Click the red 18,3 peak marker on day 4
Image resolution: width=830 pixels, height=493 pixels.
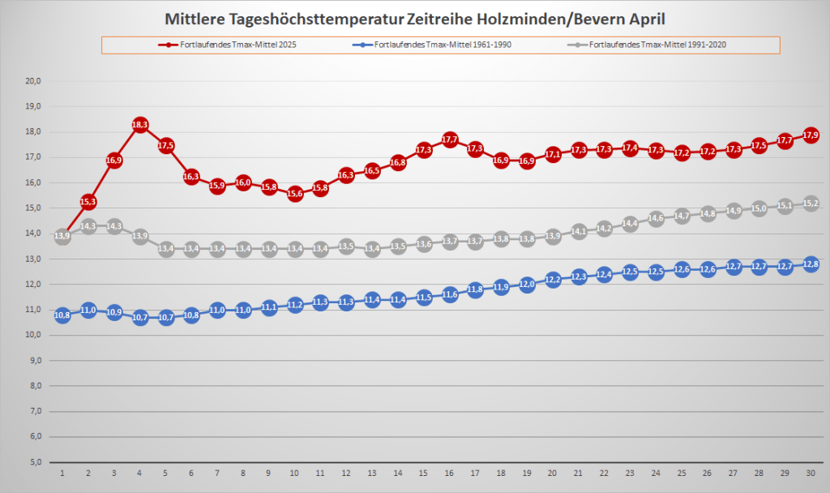coord(139,125)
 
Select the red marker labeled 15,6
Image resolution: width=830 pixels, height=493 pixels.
coord(295,194)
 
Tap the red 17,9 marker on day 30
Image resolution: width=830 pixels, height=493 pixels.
coord(811,135)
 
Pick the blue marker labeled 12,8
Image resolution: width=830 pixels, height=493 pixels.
coord(811,264)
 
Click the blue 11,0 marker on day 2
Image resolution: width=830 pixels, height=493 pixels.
coord(88,310)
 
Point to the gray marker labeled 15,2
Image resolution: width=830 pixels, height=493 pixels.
coord(811,204)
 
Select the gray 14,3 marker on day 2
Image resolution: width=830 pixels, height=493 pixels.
coord(88,226)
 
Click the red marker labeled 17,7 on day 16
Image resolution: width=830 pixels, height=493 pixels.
coord(450,140)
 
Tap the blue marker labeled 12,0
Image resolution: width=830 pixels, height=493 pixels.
coord(527,285)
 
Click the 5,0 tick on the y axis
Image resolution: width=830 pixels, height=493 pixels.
coord(35,462)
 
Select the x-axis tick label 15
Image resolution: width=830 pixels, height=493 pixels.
coord(424,472)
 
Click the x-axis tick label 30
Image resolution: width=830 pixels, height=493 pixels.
coord(811,472)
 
